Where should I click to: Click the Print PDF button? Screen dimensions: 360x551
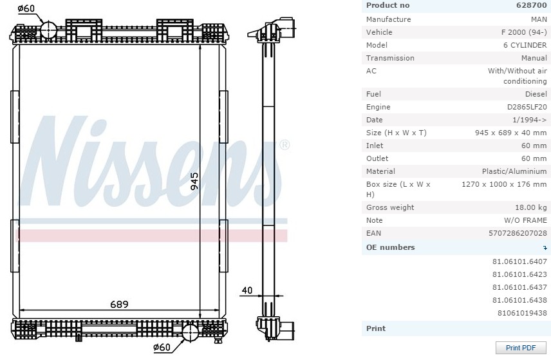click(520, 348)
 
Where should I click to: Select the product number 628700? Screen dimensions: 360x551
click(531, 5)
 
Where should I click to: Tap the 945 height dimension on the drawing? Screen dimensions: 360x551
click(194, 182)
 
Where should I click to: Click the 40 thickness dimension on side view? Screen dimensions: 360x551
click(246, 290)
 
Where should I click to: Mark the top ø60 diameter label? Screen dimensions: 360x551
click(26, 8)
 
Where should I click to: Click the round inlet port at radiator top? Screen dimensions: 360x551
click(50, 30)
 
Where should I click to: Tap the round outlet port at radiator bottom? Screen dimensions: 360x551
click(191, 333)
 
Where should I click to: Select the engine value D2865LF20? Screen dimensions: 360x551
click(527, 107)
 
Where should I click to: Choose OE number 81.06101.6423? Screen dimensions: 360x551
click(519, 274)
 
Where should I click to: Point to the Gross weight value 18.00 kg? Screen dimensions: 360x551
click(531, 207)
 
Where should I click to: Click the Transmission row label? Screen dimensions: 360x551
click(390, 58)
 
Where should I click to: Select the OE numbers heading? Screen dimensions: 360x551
click(390, 247)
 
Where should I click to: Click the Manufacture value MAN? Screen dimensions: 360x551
click(538, 19)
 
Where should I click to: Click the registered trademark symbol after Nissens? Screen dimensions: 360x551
click(284, 145)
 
